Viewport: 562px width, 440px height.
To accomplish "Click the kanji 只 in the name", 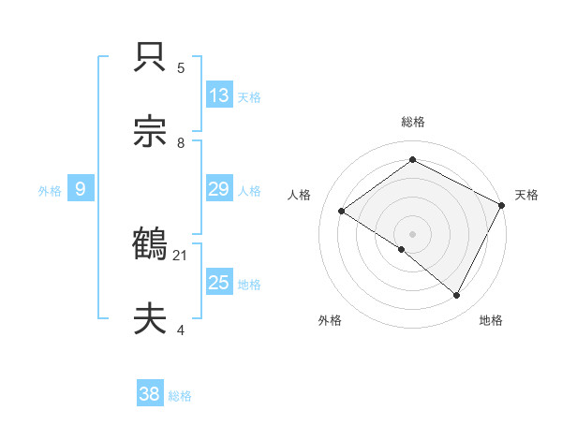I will (x=151, y=58).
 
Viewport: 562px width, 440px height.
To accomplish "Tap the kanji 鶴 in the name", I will (x=151, y=244).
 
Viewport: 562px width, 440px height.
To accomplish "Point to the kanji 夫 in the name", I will (x=151, y=319).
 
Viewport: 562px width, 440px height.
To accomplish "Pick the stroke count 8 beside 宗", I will (x=181, y=142).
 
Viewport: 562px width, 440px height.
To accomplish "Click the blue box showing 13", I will (x=219, y=95).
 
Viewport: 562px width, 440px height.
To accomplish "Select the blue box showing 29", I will (x=219, y=189).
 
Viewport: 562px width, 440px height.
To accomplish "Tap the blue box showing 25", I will (x=219, y=283).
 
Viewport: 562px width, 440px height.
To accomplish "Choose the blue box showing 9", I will (x=81, y=189).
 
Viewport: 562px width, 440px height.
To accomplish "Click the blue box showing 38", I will (x=150, y=394).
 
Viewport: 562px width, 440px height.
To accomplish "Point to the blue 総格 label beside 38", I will (x=180, y=396).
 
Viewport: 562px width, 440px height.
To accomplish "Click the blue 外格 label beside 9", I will (x=50, y=190).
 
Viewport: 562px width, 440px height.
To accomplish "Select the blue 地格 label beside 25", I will (x=249, y=285).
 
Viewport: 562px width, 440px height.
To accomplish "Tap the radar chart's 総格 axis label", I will (x=412, y=122).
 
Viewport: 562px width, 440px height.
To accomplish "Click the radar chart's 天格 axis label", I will (x=526, y=195).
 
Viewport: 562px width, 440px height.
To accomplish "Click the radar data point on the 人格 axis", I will (x=342, y=211).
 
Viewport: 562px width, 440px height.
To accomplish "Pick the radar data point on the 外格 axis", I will (x=402, y=249).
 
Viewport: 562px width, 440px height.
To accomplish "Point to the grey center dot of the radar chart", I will (x=412, y=233).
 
